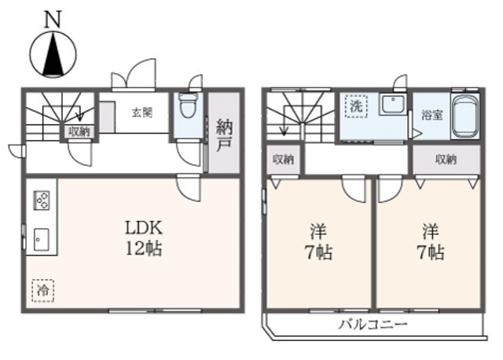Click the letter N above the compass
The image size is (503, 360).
(x=53, y=19)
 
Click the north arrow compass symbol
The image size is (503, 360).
(x=53, y=53)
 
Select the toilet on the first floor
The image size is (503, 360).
(x=188, y=106)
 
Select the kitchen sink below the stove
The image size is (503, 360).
(x=41, y=237)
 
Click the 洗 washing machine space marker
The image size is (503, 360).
(x=356, y=105)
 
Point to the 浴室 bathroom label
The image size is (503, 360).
(x=432, y=114)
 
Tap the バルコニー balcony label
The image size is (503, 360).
(x=373, y=323)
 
